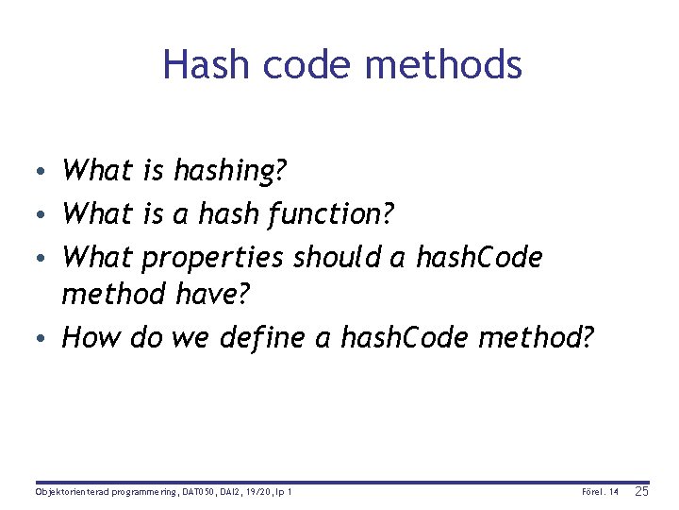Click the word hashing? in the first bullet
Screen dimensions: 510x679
pyautogui.click(x=230, y=171)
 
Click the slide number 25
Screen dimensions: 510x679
pyautogui.click(x=641, y=491)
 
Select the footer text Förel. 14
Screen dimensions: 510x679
pyautogui.click(x=601, y=492)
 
